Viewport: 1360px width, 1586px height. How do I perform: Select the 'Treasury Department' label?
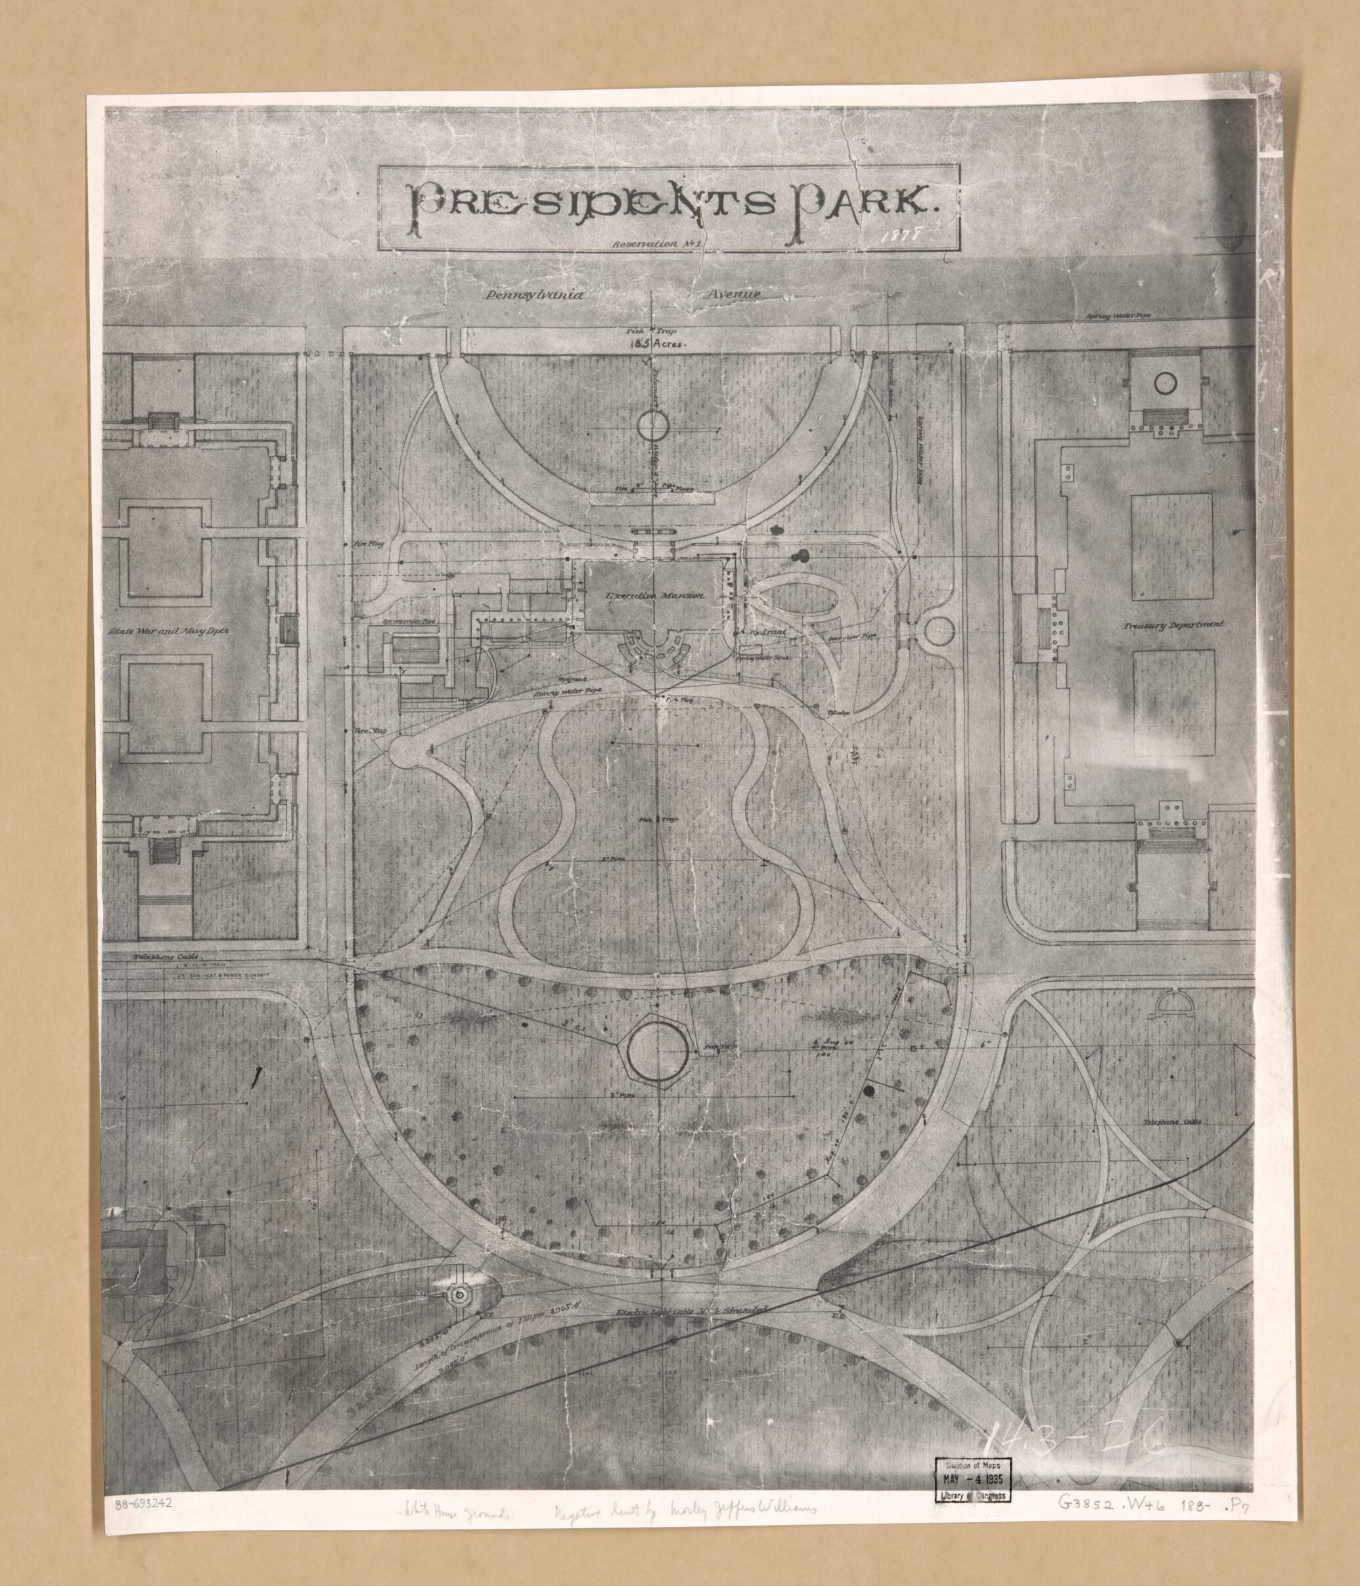pyautogui.click(x=1175, y=625)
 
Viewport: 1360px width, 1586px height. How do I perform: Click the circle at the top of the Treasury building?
pyautogui.click(x=1165, y=380)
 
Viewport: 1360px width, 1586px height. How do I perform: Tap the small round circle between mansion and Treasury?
pyautogui.click(x=939, y=632)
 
